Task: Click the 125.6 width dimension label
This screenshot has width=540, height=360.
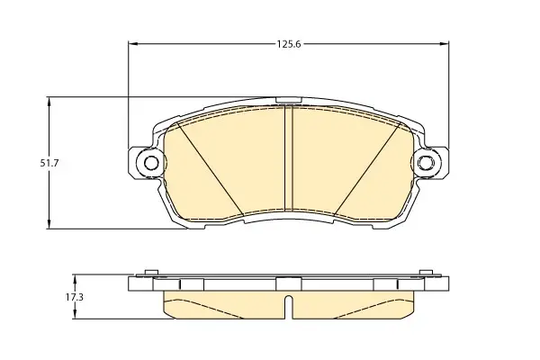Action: [289, 44]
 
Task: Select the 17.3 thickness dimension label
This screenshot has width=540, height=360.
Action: [75, 297]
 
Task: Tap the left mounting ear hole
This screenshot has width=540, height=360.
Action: [150, 163]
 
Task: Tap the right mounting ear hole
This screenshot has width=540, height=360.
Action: [426, 163]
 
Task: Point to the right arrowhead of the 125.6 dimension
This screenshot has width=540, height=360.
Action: [445, 44]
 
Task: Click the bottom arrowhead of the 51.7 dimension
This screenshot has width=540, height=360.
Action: [49, 224]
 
